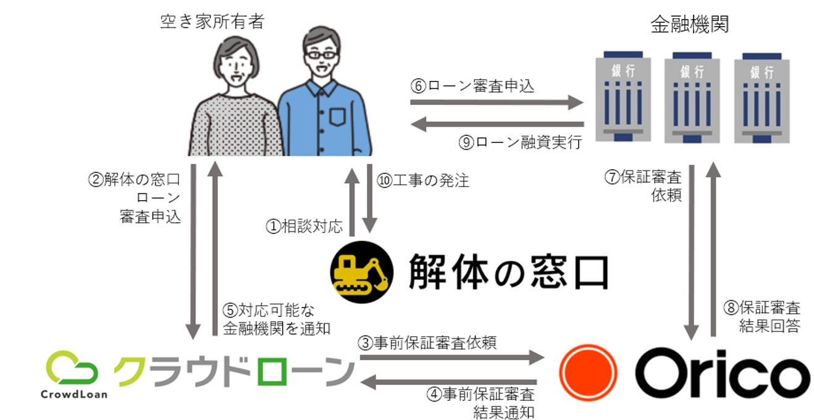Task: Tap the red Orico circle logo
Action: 587,373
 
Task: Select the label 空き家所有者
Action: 212,22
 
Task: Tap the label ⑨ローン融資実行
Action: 520,142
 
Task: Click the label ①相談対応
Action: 304,227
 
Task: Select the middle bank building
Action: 692,96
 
